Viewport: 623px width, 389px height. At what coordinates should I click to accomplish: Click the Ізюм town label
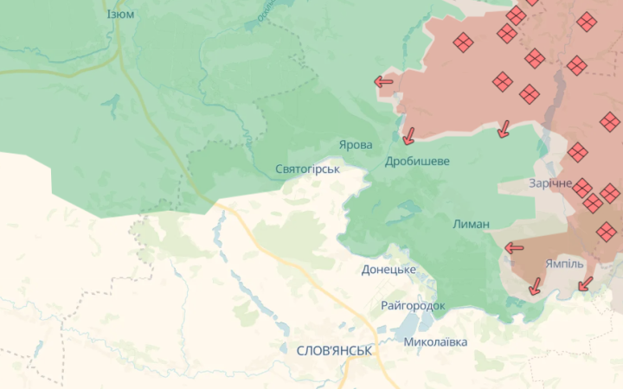(120, 15)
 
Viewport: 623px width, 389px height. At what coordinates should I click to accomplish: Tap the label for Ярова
(356, 144)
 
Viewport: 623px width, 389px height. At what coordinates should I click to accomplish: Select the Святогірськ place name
(307, 169)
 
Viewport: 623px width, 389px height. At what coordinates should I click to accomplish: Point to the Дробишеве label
(417, 161)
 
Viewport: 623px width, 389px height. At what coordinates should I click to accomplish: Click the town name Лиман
(471, 224)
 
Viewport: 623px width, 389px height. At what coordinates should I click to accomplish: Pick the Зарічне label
(550, 183)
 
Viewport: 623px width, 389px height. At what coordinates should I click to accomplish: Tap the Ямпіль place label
(565, 264)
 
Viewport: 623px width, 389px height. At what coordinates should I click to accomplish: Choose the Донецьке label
(389, 270)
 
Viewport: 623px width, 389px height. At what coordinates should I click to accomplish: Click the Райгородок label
(413, 306)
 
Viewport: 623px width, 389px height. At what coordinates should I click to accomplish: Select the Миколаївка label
(435, 341)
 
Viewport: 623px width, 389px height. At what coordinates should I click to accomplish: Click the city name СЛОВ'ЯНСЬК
(334, 351)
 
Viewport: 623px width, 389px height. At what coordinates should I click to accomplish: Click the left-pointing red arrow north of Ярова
(383, 83)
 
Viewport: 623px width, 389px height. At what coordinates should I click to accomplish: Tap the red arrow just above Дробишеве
(408, 136)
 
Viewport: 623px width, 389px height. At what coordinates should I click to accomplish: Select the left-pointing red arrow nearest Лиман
(514, 248)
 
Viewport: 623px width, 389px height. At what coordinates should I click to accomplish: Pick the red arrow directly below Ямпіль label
(586, 283)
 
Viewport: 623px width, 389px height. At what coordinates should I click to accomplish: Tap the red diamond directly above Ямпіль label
(607, 231)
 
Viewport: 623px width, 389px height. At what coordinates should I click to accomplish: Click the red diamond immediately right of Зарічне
(583, 188)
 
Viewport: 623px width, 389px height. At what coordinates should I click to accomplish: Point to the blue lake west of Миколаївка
(402, 327)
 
